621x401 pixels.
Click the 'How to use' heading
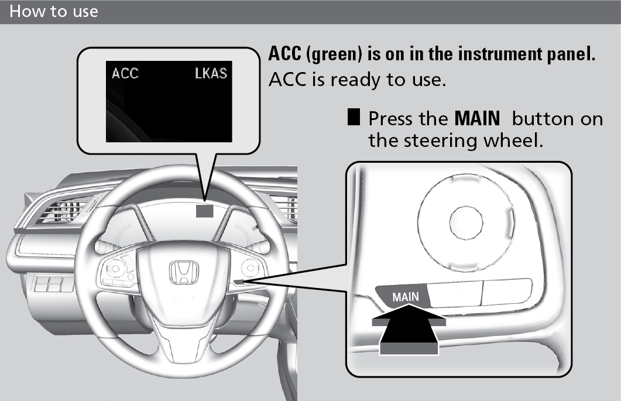53,11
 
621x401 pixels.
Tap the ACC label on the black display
125,73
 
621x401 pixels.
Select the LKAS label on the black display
211,73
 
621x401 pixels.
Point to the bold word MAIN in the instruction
477,118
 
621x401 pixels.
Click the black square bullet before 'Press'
354,117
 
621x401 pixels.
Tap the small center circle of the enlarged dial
466,223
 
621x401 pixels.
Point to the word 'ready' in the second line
356,80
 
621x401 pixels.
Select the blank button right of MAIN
456,294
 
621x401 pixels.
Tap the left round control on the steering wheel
116,269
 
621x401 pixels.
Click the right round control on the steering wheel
251,268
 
